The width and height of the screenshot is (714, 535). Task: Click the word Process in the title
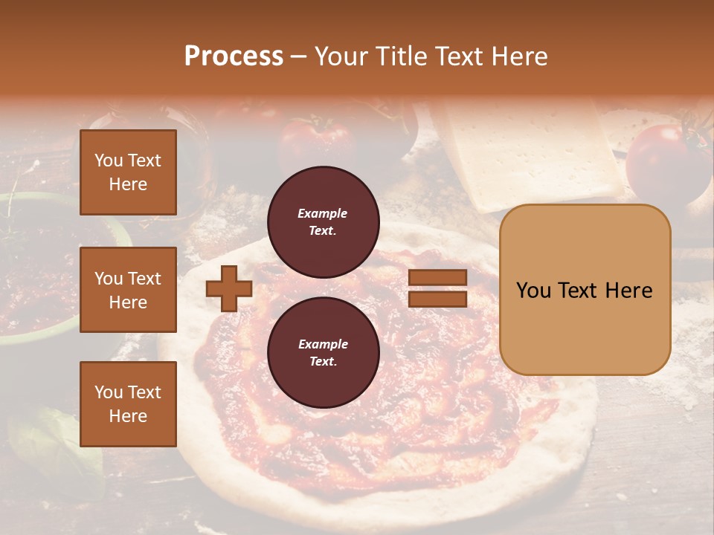[234, 56]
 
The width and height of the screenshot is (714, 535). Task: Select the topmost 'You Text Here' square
[128, 172]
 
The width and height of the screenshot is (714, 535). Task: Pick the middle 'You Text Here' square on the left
[128, 290]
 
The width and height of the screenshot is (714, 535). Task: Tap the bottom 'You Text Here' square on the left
[128, 404]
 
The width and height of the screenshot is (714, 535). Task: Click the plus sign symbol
[229, 289]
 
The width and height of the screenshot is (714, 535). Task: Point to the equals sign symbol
[438, 289]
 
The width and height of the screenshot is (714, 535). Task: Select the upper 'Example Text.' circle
[323, 222]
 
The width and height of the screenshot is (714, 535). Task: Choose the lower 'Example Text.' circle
[323, 353]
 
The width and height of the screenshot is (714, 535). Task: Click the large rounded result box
[585, 290]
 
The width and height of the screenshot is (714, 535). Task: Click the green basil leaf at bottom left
[52, 446]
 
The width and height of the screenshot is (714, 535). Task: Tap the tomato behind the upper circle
[316, 141]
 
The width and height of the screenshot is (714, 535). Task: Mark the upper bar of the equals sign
[438, 278]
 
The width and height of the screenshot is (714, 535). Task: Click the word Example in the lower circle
[323, 344]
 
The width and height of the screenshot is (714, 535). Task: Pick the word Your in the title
[344, 56]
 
